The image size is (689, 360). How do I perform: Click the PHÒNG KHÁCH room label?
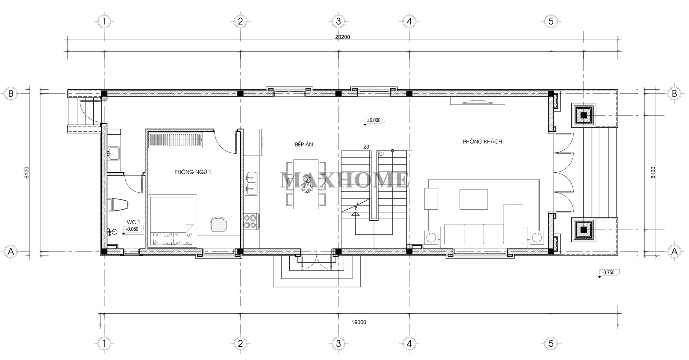(482, 141)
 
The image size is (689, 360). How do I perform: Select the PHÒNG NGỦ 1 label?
(192, 172)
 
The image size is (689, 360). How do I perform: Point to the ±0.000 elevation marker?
(374, 121)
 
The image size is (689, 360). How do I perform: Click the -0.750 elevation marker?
(609, 272)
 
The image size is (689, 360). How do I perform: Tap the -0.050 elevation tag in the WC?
(132, 229)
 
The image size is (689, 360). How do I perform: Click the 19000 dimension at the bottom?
(359, 322)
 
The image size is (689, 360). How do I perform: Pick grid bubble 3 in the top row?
(338, 21)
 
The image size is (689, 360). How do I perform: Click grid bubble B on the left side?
(11, 94)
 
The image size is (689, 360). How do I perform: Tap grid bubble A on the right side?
(674, 251)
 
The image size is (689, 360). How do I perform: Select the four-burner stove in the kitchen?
(250, 221)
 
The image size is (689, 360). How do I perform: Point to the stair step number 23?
(366, 146)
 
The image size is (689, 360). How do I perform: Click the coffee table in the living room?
(473, 199)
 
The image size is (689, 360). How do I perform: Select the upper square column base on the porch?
(583, 115)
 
